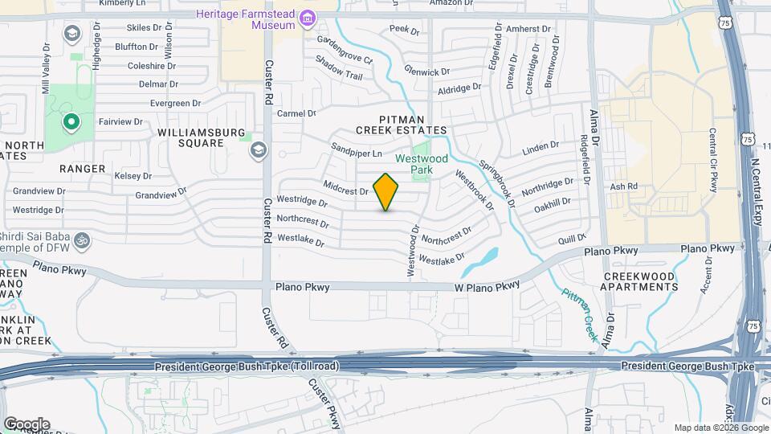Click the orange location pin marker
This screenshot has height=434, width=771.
pyautogui.click(x=386, y=192)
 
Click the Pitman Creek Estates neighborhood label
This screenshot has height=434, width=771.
pyautogui.click(x=402, y=124)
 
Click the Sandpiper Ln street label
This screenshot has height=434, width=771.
pyautogui.click(x=357, y=149)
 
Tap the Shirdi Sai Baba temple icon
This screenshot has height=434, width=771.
pyautogui.click(x=81, y=239)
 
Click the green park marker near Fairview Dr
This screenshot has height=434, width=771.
pyautogui.click(x=71, y=123)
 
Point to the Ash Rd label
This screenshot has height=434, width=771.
pyautogui.click(x=623, y=186)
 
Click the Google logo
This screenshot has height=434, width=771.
pyautogui.click(x=26, y=424)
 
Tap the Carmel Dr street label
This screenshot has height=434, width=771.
pyautogui.click(x=296, y=113)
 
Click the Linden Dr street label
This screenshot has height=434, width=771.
pyautogui.click(x=540, y=148)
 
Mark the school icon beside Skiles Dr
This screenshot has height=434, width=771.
pyautogui.click(x=71, y=33)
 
